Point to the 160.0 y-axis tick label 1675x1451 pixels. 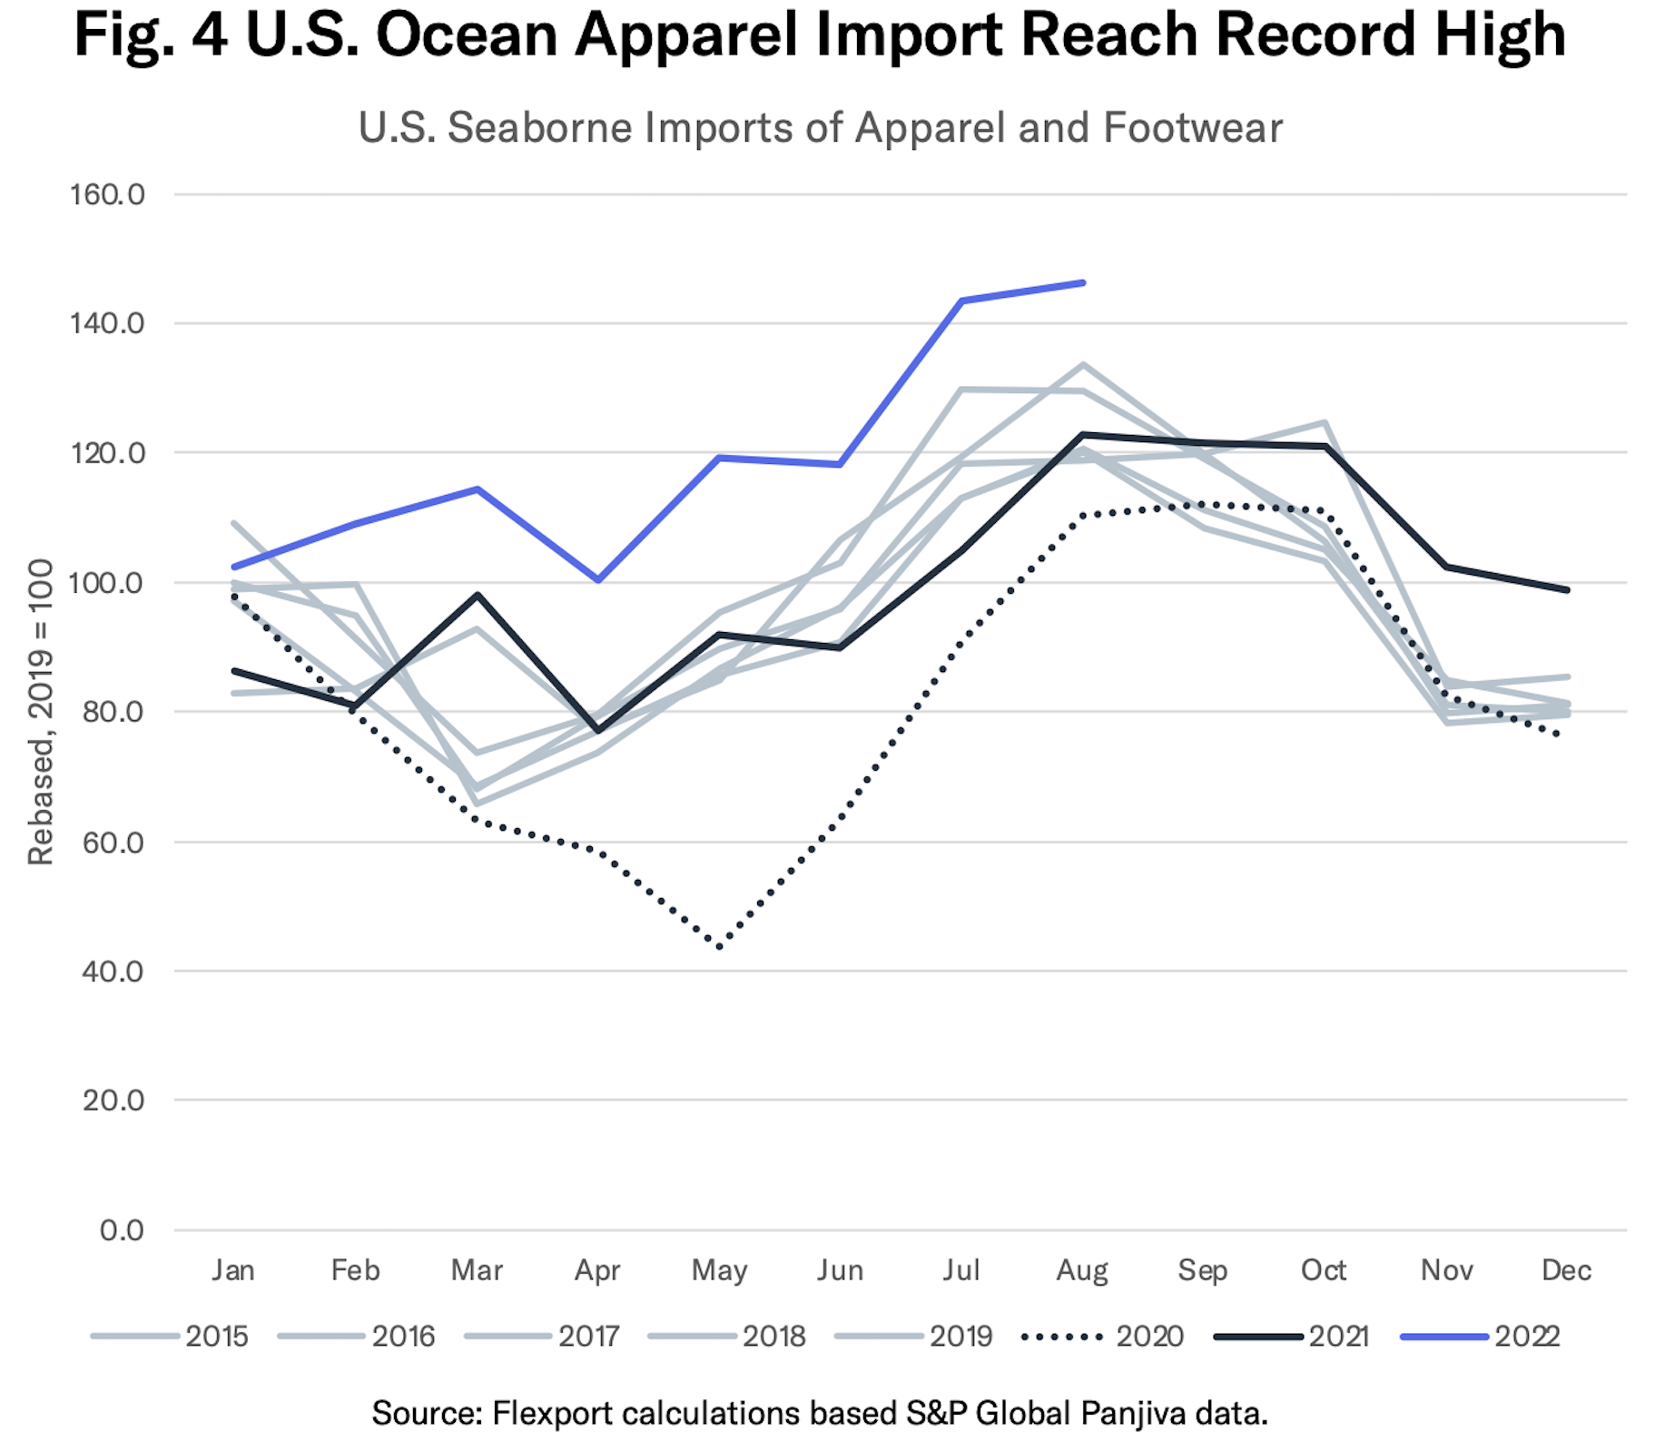(x=107, y=194)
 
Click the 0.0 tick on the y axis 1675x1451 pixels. (x=122, y=1230)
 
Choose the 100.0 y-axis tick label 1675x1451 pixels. (x=107, y=583)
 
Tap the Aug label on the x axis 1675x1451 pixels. (x=1082, y=1269)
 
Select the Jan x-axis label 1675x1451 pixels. (x=233, y=1269)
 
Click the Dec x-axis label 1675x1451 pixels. (x=1566, y=1269)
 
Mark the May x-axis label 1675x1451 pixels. (x=719, y=1269)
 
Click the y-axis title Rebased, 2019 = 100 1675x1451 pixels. (x=41, y=712)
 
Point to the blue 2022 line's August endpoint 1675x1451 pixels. (x=1083, y=282)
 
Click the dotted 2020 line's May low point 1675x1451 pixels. (x=720, y=947)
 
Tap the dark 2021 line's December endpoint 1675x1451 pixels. (x=1567, y=590)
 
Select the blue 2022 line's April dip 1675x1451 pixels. (x=598, y=579)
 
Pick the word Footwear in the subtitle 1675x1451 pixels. (x=1192, y=127)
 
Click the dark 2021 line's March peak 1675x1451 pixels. (x=478, y=595)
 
